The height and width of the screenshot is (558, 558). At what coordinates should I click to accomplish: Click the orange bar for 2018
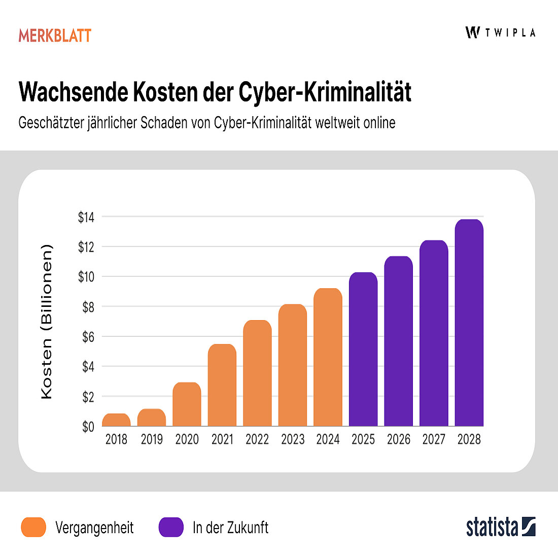[x=116, y=420]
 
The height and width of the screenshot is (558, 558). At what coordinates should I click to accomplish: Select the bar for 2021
[x=222, y=386]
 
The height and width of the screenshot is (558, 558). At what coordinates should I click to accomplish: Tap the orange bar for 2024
[x=328, y=358]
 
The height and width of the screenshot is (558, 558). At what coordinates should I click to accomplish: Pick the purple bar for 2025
[x=363, y=350]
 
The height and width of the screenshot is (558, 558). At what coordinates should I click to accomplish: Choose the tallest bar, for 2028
[x=469, y=323]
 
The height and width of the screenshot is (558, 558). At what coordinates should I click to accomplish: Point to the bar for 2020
[x=187, y=404]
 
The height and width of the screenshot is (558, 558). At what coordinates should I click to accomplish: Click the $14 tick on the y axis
[x=86, y=218]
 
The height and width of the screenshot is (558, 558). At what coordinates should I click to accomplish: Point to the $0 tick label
[x=88, y=427]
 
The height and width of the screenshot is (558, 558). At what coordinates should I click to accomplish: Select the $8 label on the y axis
[x=88, y=307]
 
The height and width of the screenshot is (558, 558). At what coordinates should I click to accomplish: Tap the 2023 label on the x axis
[x=293, y=439]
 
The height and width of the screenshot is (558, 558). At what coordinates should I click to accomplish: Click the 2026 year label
[x=398, y=439]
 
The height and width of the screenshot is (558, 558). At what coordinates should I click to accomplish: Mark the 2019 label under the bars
[x=152, y=439]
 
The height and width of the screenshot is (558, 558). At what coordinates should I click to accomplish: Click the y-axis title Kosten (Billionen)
[x=46, y=322]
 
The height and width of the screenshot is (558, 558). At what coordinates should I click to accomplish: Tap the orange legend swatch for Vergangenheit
[x=33, y=527]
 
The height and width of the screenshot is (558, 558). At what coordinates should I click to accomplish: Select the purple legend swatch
[x=171, y=527]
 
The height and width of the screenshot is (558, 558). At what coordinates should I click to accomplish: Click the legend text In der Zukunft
[x=230, y=528]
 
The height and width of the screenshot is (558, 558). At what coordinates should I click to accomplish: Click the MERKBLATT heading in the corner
[x=55, y=36]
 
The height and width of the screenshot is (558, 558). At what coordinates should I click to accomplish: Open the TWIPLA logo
[x=500, y=32]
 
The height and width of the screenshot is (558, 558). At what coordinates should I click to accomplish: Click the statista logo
[x=501, y=527]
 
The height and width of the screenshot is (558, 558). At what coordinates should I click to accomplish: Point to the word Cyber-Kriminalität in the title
[x=325, y=92]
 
